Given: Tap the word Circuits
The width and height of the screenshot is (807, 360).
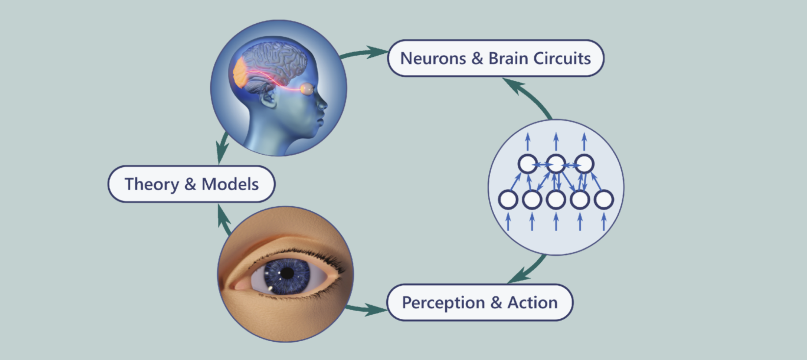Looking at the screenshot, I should tap(562, 59).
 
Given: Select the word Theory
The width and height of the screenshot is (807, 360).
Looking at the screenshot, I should tap(151, 184).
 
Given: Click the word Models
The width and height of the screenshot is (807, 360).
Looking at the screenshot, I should tap(230, 184).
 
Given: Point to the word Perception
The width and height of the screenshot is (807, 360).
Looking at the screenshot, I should tap(443, 303).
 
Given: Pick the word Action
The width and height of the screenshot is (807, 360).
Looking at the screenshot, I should tap(533, 303).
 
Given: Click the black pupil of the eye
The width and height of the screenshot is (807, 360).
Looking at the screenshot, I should tap(287, 273).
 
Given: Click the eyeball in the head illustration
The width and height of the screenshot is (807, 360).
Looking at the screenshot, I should tap(307, 89).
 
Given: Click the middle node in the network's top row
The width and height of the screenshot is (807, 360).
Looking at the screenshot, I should tap(556, 164).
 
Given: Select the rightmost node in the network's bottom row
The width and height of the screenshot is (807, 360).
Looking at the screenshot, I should tap(604, 200).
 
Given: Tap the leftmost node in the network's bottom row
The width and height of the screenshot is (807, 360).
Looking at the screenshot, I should tap(508, 200).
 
